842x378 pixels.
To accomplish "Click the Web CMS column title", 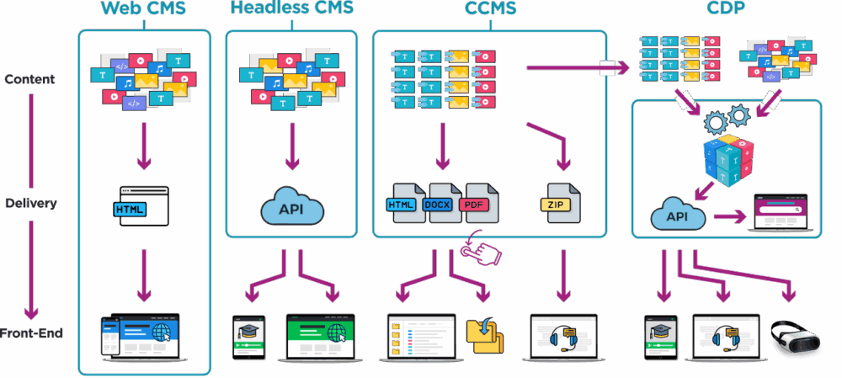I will click(144, 9).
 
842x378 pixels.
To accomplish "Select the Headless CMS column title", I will click(291, 9).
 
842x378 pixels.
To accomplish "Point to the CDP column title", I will click(726, 9).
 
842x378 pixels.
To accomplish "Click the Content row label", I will click(29, 79).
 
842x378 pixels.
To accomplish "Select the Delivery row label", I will click(30, 204).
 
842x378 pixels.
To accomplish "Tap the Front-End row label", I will click(33, 333).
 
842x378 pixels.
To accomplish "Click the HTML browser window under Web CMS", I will click(144, 207).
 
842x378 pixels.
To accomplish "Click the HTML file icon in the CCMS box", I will click(406, 204).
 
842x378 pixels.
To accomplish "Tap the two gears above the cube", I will click(727, 119).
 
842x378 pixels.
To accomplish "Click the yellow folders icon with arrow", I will click(486, 333).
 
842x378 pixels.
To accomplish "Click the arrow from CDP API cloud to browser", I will click(729, 216).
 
